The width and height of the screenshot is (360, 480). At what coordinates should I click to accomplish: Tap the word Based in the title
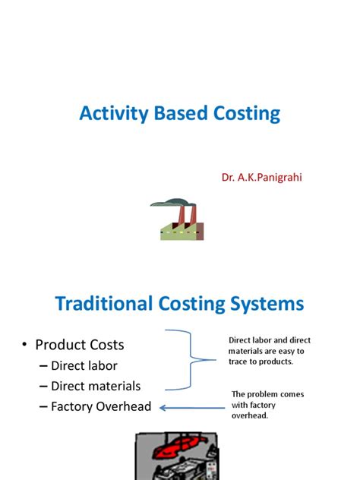[x=180, y=115]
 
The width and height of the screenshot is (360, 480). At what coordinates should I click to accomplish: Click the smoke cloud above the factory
[x=169, y=202]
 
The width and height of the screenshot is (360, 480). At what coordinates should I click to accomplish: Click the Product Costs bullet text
[x=80, y=345]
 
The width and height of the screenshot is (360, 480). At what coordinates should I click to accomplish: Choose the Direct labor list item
[x=84, y=366]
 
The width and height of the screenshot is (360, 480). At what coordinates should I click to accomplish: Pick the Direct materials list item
[x=96, y=386]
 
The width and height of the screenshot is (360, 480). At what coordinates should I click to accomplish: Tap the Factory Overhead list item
[x=101, y=406]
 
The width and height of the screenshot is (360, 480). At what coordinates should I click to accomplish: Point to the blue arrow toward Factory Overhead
[x=194, y=406]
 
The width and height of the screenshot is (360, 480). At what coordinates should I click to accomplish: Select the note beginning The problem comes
[x=268, y=405]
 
